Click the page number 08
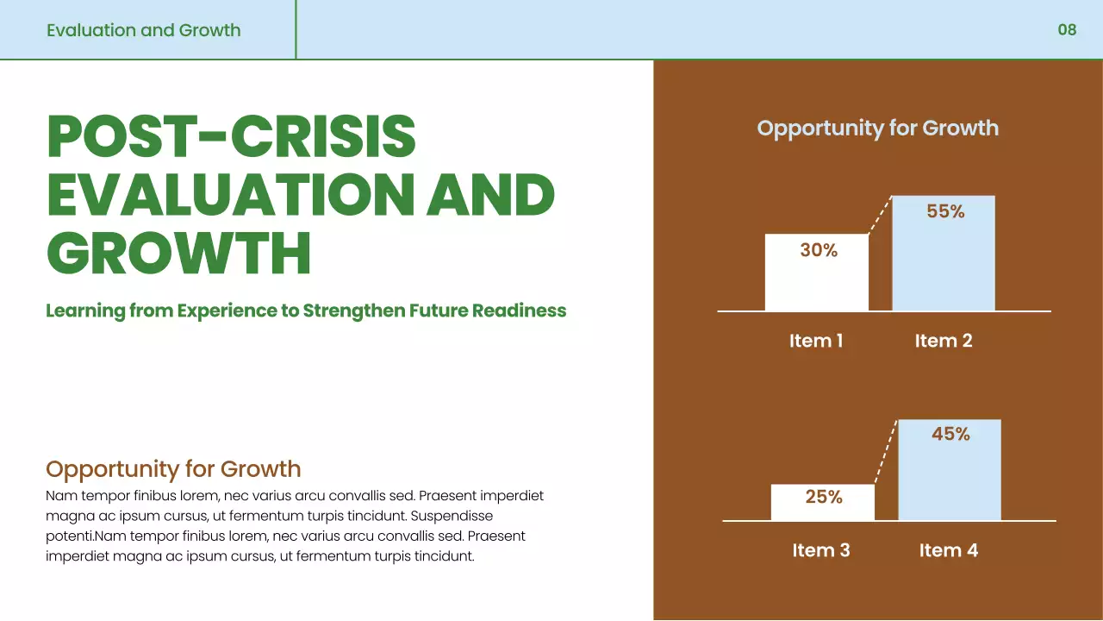(x=1067, y=30)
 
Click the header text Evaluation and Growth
(x=144, y=30)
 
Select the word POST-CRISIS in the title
(x=232, y=136)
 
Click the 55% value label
(x=945, y=211)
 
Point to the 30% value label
(x=819, y=250)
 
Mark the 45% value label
(x=950, y=435)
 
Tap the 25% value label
(x=824, y=497)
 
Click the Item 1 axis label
(x=816, y=341)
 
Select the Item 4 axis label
(x=949, y=550)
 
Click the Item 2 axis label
(x=944, y=341)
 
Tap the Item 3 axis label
(x=821, y=550)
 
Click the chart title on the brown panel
(x=878, y=129)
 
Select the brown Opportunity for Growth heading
(x=173, y=469)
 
